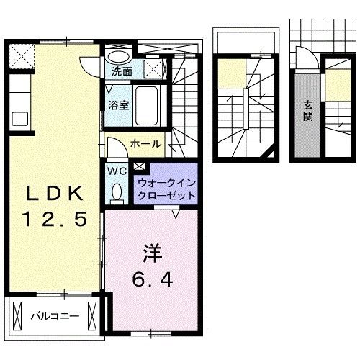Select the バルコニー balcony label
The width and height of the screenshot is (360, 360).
[54, 315]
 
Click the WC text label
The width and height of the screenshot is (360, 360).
[117, 171]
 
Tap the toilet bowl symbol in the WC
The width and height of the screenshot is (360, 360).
[117, 192]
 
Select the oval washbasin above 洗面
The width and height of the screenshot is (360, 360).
[119, 56]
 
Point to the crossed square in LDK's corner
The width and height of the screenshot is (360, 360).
[21, 55]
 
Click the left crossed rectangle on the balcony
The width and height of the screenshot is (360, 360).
[15, 314]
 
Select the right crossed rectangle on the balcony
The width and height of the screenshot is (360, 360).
[93, 314]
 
